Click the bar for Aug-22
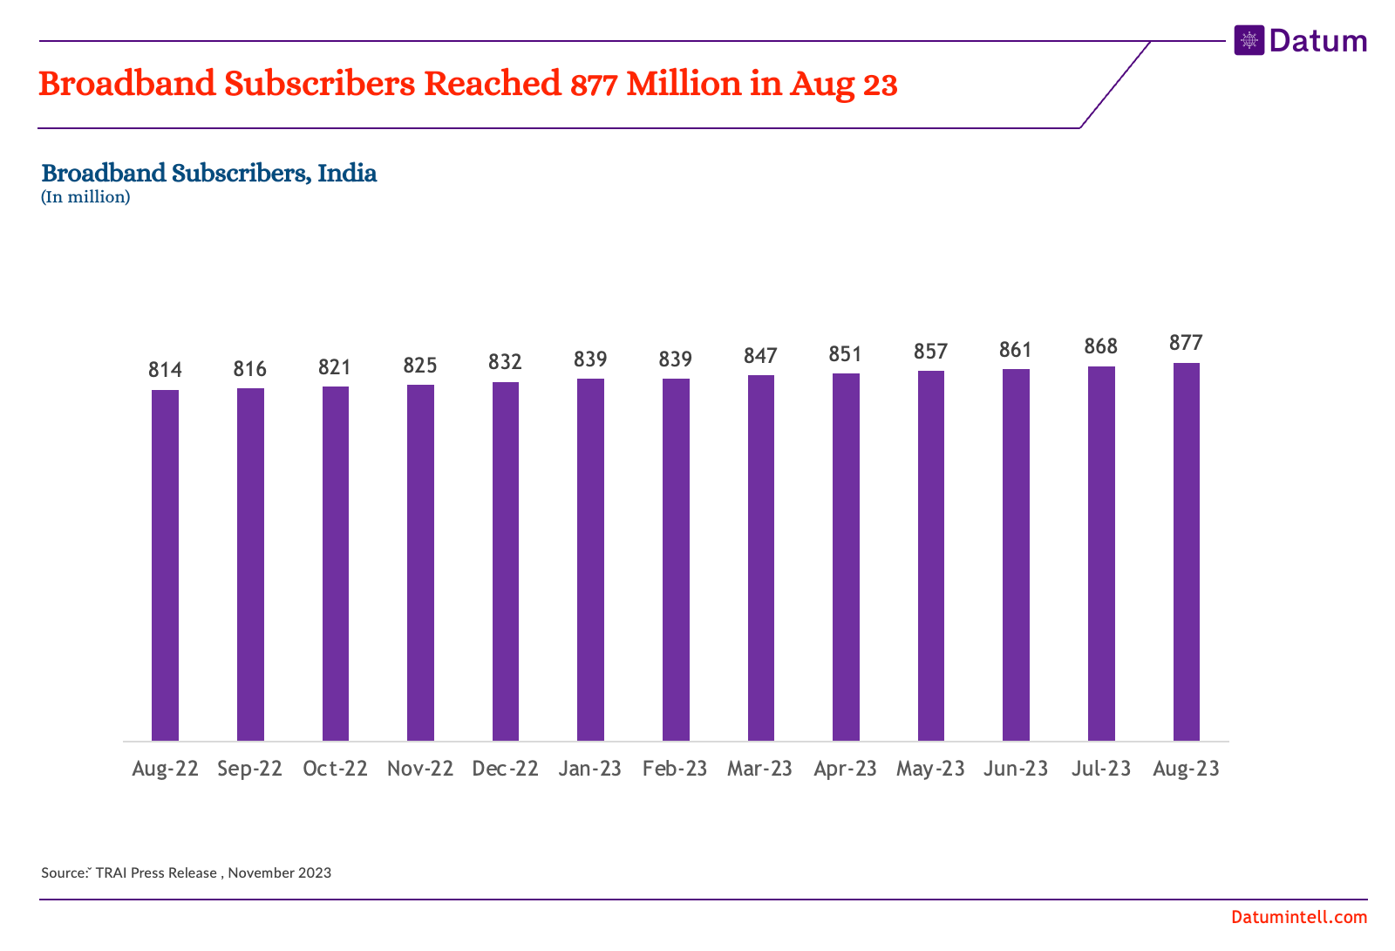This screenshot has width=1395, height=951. [x=165, y=565]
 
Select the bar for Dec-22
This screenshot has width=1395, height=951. [x=506, y=561]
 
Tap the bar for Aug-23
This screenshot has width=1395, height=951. [x=1186, y=551]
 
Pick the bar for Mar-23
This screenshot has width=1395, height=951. [x=761, y=558]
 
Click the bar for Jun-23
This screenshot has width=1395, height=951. [x=1016, y=555]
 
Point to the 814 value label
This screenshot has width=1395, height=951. [x=165, y=370]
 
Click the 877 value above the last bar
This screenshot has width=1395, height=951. [x=1186, y=343]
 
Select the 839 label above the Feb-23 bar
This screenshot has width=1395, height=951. [x=676, y=359]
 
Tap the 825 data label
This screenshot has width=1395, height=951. [x=420, y=365]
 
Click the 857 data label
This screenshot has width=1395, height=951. [x=931, y=351]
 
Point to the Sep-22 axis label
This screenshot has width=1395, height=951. [x=250, y=769]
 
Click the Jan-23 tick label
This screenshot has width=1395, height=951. [x=590, y=769]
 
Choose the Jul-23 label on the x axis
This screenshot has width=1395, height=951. [x=1101, y=769]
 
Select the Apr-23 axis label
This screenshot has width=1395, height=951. [x=846, y=769]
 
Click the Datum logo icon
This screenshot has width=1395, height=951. [x=1249, y=40]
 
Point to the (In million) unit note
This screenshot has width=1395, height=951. [x=85, y=197]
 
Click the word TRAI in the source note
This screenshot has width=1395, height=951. [x=111, y=872]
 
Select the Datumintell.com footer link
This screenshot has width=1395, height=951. [x=1299, y=917]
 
